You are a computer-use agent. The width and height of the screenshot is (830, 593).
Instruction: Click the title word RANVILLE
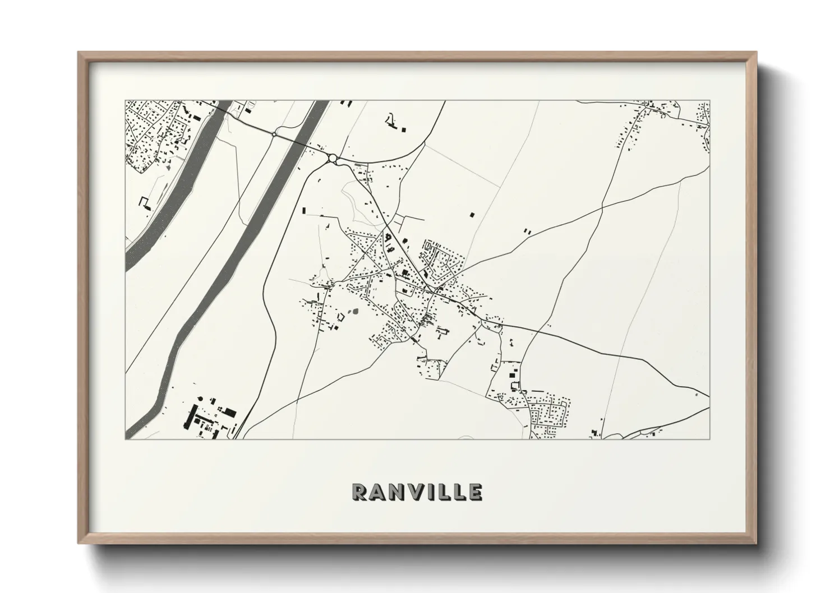click(416, 492)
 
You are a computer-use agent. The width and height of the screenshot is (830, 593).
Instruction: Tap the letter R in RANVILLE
click(358, 492)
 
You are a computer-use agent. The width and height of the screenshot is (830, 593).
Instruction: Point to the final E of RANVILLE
click(475, 492)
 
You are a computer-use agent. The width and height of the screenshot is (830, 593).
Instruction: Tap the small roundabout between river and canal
click(274, 133)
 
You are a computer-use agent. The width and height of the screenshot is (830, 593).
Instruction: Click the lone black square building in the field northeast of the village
click(472, 214)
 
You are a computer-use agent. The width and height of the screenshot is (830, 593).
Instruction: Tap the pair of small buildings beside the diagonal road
click(527, 230)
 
